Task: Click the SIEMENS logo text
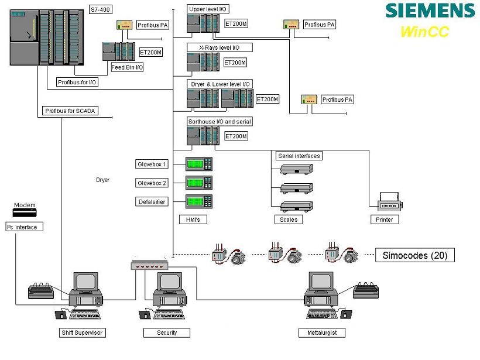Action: [x=430, y=11]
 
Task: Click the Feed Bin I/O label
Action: [x=128, y=67]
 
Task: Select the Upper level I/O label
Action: [x=208, y=9]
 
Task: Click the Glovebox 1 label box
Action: [x=152, y=164]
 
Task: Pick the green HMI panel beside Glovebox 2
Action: [x=198, y=182]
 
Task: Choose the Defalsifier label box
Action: [x=152, y=202]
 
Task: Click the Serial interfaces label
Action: [x=300, y=156]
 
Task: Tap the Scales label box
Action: [x=288, y=220]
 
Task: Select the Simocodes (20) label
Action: [x=414, y=255]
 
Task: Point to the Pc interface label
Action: [x=25, y=227]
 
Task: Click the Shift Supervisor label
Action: [x=83, y=333]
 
